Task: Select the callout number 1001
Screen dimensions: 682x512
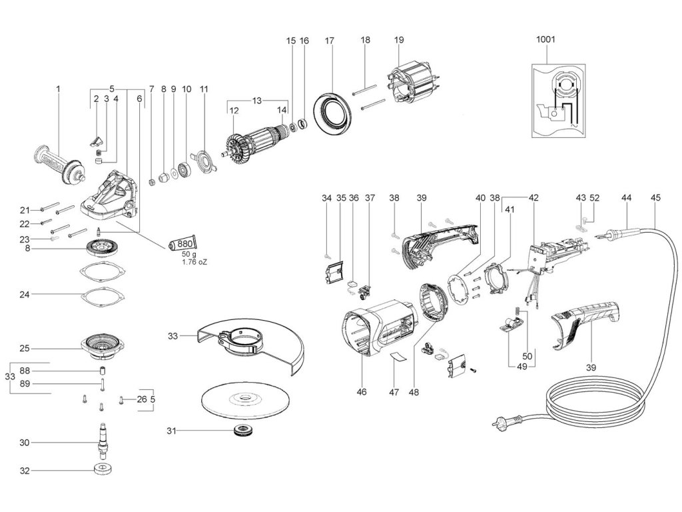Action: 545,39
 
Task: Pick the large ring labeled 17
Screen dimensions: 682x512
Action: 332,113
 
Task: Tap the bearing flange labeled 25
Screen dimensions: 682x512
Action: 103,347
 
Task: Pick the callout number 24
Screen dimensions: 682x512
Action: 25,294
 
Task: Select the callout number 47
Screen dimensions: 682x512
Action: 394,392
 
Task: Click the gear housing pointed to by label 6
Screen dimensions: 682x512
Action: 110,194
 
